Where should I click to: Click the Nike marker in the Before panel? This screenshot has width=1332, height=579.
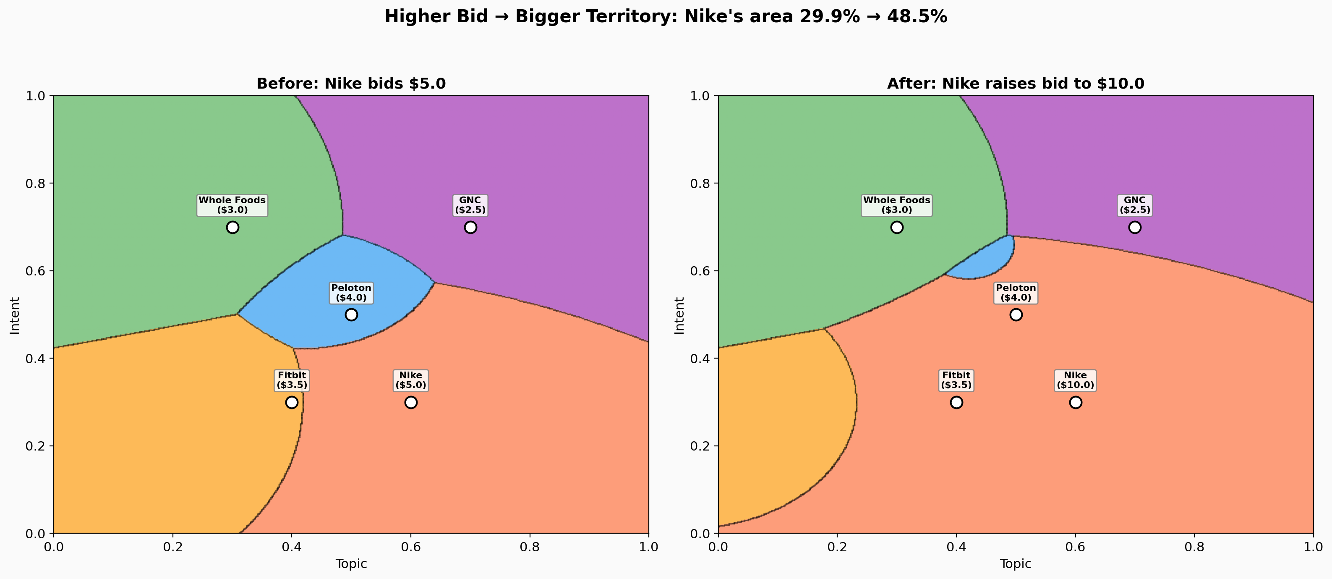(x=410, y=402)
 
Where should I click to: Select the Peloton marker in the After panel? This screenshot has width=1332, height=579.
(x=1016, y=314)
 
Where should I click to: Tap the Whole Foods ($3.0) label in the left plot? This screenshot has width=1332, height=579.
(x=232, y=205)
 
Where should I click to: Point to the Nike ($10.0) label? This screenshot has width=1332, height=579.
(x=1075, y=380)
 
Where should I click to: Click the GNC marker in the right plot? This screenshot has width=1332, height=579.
(x=1134, y=227)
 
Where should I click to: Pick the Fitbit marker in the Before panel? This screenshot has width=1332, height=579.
(x=292, y=402)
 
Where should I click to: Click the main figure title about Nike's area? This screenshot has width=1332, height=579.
(x=666, y=16)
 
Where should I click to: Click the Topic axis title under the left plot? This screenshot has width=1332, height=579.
(x=351, y=563)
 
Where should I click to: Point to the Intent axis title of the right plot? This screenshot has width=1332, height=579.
(x=679, y=315)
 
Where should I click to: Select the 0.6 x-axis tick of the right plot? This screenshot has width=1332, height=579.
(x=1075, y=547)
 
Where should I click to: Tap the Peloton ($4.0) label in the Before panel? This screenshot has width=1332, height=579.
(x=351, y=292)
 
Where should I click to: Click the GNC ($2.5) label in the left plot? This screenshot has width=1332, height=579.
(x=470, y=205)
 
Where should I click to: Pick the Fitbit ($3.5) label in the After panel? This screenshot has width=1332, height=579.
(x=956, y=380)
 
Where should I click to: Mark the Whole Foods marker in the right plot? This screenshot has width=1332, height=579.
(x=897, y=227)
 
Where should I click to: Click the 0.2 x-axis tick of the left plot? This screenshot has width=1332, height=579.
(x=173, y=547)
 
